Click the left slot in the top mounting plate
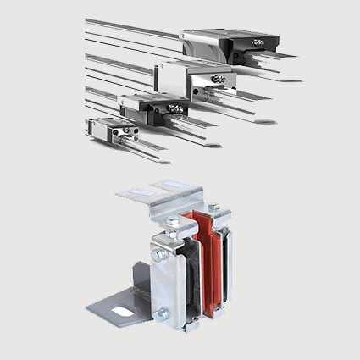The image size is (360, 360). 139,191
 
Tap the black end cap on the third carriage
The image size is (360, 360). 175,108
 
